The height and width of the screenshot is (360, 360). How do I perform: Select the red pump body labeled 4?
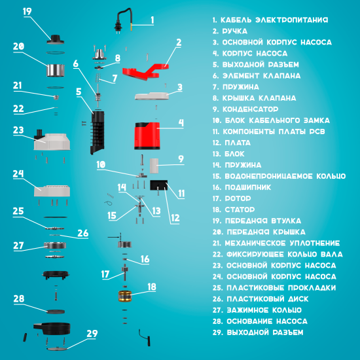point(147,136)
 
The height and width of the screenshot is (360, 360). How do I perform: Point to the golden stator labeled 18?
point(125,296)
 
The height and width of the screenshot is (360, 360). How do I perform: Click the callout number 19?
point(27,11)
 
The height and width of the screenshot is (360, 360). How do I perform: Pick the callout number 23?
point(18,130)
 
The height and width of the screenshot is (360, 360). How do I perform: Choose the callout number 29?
point(92,334)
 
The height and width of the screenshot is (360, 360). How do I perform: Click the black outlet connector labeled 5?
point(98,132)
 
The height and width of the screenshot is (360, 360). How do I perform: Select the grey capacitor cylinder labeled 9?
point(154,166)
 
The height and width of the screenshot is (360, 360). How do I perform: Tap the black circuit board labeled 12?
point(158,185)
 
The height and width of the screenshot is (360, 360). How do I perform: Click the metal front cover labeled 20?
point(56,70)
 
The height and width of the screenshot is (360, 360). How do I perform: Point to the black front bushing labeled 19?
point(56,39)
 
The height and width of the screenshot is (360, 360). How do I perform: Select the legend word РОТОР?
point(238,198)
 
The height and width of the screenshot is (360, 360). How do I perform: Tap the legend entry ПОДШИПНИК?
point(248,187)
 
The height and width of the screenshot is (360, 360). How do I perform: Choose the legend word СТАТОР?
point(240,209)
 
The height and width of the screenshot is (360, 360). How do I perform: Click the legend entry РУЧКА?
point(234,31)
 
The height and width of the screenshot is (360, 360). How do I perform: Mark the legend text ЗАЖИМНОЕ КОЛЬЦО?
point(264,310)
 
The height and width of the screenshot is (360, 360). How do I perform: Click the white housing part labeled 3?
point(152,96)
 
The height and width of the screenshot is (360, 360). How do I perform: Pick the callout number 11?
point(181,194)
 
